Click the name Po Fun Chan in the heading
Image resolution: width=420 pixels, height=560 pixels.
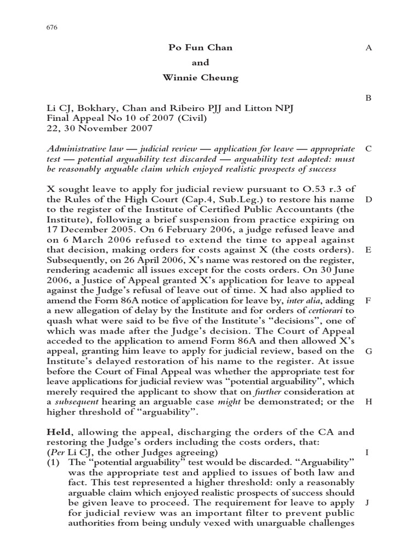pyautogui.click(x=200, y=48)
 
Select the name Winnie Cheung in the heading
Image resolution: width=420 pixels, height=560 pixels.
pyautogui.click(x=200, y=77)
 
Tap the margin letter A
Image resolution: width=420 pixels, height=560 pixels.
pyautogui.click(x=368, y=48)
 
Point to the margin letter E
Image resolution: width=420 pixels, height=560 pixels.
pyautogui.click(x=368, y=249)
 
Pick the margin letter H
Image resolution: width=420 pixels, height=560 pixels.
pyautogui.click(x=368, y=401)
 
